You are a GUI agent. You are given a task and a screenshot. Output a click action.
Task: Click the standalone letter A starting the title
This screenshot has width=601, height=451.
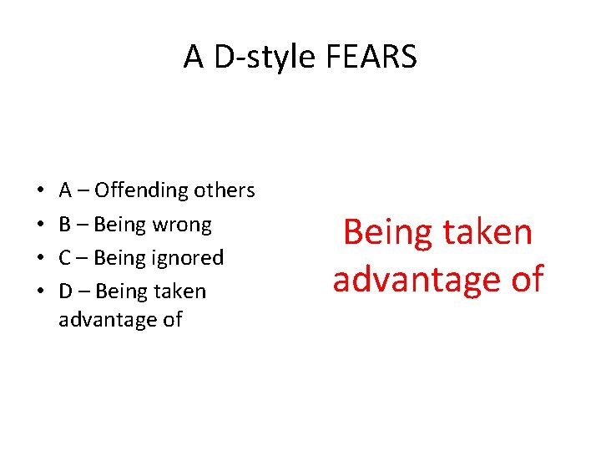point(194,57)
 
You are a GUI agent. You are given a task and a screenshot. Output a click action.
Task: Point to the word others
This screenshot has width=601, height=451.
point(225,190)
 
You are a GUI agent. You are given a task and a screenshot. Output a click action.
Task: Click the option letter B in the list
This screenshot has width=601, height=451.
point(65,225)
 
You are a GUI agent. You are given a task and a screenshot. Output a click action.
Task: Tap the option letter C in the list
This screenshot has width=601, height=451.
point(65,258)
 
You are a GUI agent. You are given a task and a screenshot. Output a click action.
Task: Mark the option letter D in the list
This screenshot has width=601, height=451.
point(66,291)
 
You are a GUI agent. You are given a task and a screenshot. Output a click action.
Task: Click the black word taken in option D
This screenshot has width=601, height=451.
point(179,291)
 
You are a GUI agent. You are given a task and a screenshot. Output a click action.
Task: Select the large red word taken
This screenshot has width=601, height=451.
point(487,232)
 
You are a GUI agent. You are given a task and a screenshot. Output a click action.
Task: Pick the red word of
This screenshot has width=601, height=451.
point(523,279)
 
